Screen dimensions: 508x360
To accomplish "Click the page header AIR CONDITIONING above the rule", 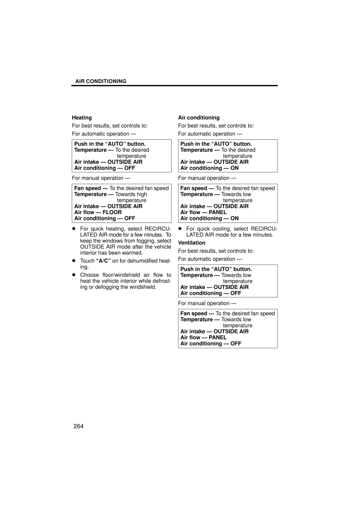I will tap(100, 81).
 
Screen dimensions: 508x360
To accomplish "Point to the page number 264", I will tap(78, 426).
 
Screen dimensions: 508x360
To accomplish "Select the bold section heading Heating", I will tap(82, 118).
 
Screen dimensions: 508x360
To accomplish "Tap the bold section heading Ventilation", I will tap(191, 243).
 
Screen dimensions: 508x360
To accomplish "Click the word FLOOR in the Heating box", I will tap(112, 212).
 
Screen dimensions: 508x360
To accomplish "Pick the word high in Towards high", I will tap(140, 194).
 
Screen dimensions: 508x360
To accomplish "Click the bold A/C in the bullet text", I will tap(104, 260).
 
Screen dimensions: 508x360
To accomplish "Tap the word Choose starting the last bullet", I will tap(90, 274).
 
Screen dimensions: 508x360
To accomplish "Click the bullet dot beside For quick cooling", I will tap(180, 229).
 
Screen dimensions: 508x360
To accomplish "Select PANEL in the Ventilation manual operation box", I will tap(218, 338).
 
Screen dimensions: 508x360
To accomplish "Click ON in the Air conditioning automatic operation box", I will tap(235, 168).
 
